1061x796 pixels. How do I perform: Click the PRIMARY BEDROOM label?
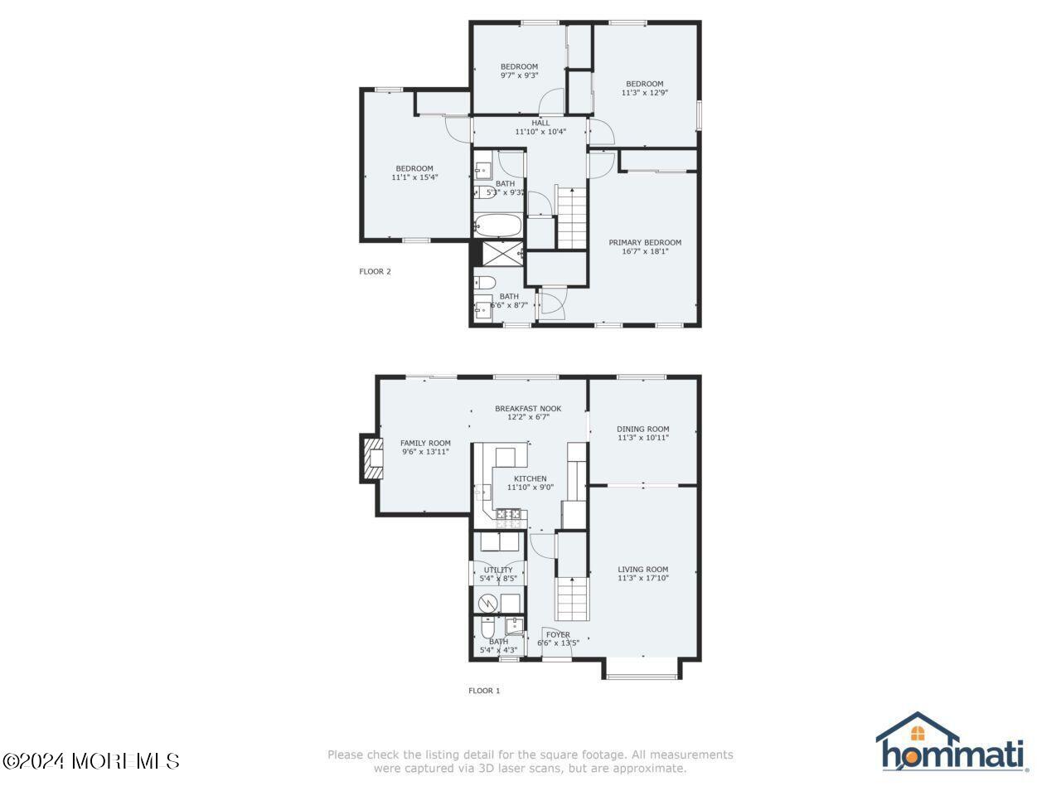[645, 243]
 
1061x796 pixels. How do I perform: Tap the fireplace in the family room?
[372, 458]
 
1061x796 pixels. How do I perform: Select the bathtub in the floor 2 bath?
[497, 226]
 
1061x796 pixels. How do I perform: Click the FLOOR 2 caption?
[375, 271]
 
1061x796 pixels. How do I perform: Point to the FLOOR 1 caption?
[484, 690]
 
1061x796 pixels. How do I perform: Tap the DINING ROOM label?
[642, 430]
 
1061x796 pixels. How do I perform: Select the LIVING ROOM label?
[642, 570]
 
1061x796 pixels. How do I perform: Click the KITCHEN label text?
[530, 478]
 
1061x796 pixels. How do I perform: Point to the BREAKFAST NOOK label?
[528, 409]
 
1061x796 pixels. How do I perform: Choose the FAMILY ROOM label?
[425, 443]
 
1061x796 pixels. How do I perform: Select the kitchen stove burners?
[509, 519]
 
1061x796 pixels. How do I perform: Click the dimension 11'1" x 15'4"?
[414, 177]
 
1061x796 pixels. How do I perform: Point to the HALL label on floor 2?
[540, 123]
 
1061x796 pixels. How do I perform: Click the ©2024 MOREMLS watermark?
[90, 760]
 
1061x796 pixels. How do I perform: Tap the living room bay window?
[642, 670]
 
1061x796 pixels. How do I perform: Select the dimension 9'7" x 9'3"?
[519, 75]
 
